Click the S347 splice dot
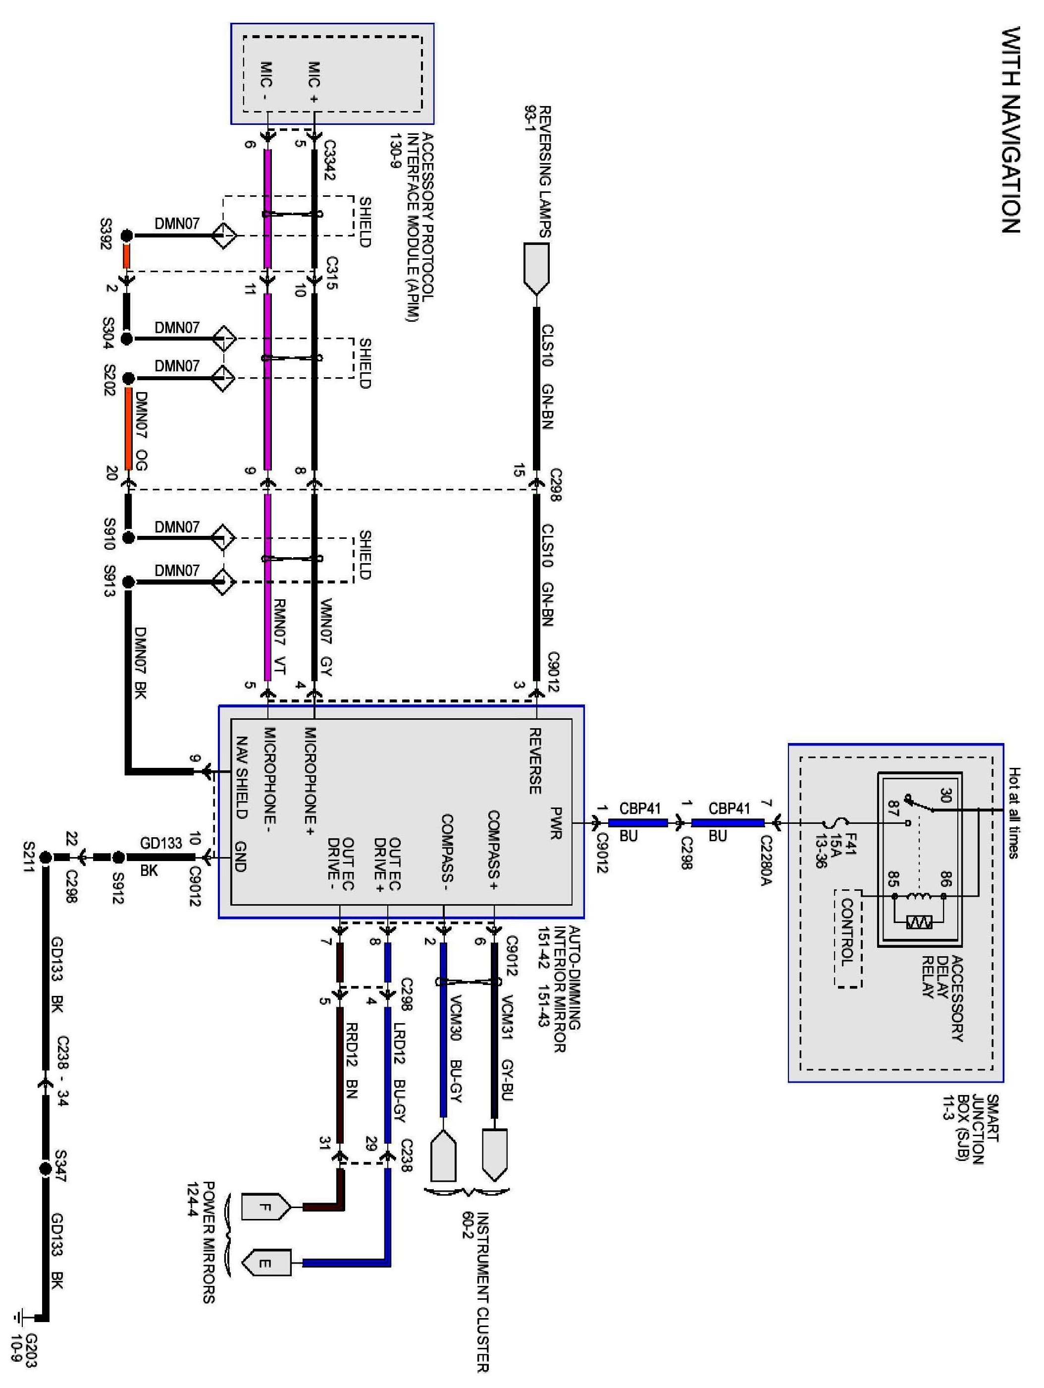click(x=45, y=1169)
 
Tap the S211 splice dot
click(x=45, y=857)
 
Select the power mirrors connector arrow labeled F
click(x=266, y=1207)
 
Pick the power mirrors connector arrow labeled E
click(x=266, y=1263)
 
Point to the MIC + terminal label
click(x=314, y=82)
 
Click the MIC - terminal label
click(x=266, y=82)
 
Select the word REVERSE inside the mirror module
click(x=535, y=760)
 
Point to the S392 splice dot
click(x=127, y=236)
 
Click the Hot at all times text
click(x=1013, y=812)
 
